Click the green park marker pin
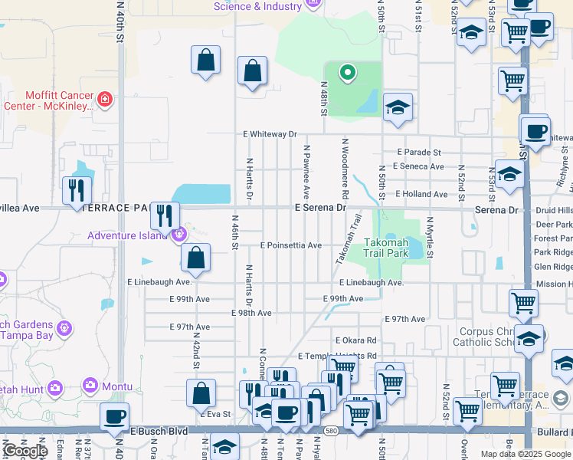point(347,74)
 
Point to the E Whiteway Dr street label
point(270,134)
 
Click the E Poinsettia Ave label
point(290,245)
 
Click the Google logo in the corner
point(25,451)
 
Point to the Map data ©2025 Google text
point(526,454)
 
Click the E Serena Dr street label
point(320,208)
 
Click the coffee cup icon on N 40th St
point(115,417)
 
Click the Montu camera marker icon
point(92,384)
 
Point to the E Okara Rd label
point(356,340)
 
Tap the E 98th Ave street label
point(251,313)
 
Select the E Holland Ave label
point(420,195)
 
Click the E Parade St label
point(419,153)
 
